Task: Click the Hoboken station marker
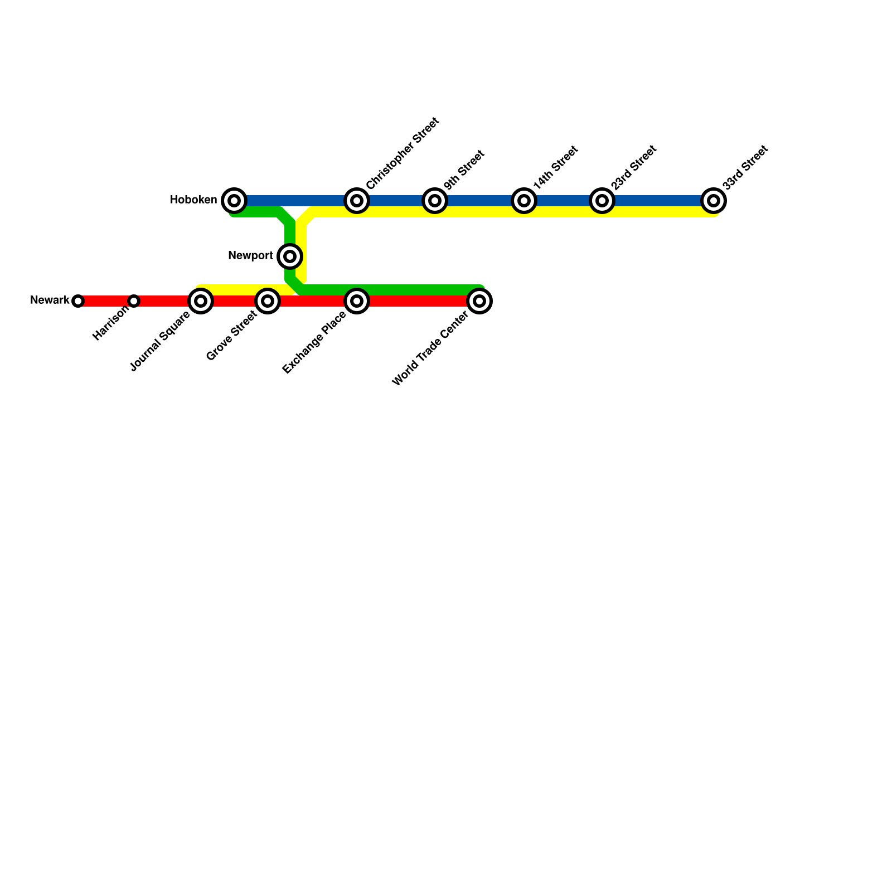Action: click(234, 201)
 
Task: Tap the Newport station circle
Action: click(290, 256)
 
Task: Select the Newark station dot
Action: click(78, 301)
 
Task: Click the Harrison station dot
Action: click(134, 301)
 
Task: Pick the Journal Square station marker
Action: click(201, 301)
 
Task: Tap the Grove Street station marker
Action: click(268, 301)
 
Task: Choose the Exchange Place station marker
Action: click(357, 301)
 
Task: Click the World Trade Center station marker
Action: click(479, 301)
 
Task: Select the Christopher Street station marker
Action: click(357, 201)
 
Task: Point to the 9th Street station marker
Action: click(435, 201)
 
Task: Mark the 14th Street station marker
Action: click(524, 201)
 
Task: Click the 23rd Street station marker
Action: click(602, 201)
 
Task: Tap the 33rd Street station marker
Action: click(714, 201)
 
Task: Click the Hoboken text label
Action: click(193, 200)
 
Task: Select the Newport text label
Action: click(250, 256)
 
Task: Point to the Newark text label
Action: click(50, 300)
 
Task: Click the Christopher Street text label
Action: click(403, 153)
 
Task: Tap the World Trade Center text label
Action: click(430, 350)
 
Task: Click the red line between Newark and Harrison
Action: click(106, 301)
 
